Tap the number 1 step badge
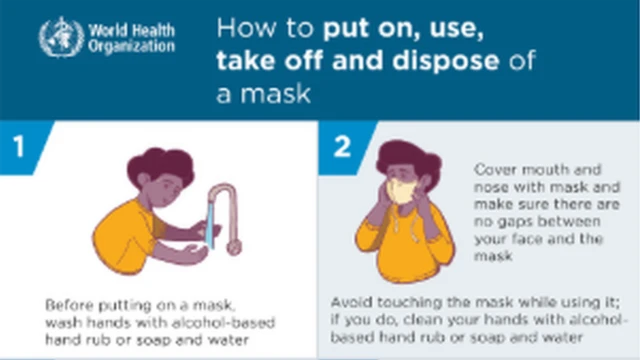click(x=19, y=147)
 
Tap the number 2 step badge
click(x=343, y=147)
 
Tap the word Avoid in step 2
click(x=350, y=303)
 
